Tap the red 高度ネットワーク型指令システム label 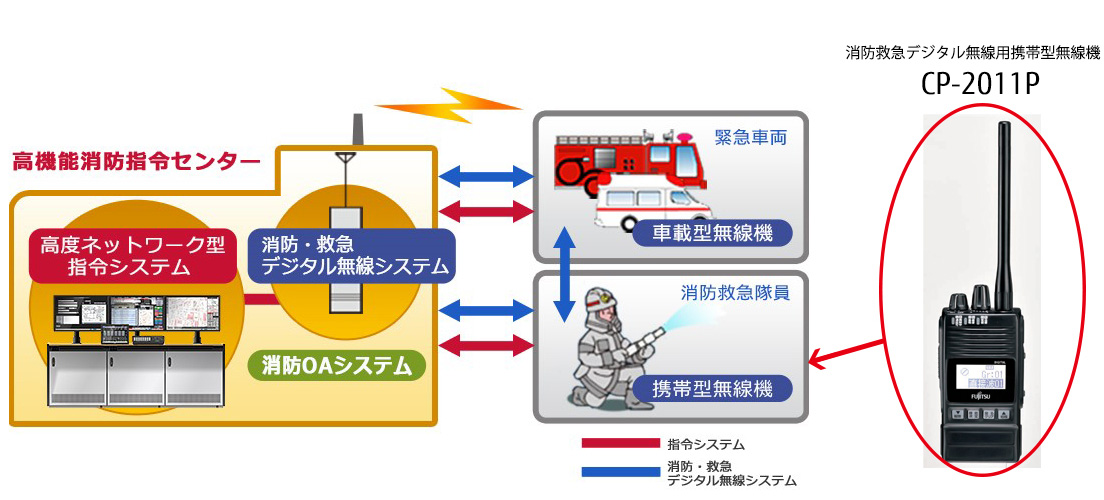[132, 255]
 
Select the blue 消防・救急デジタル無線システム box [357, 256]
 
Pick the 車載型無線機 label [712, 234]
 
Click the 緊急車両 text [750, 137]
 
